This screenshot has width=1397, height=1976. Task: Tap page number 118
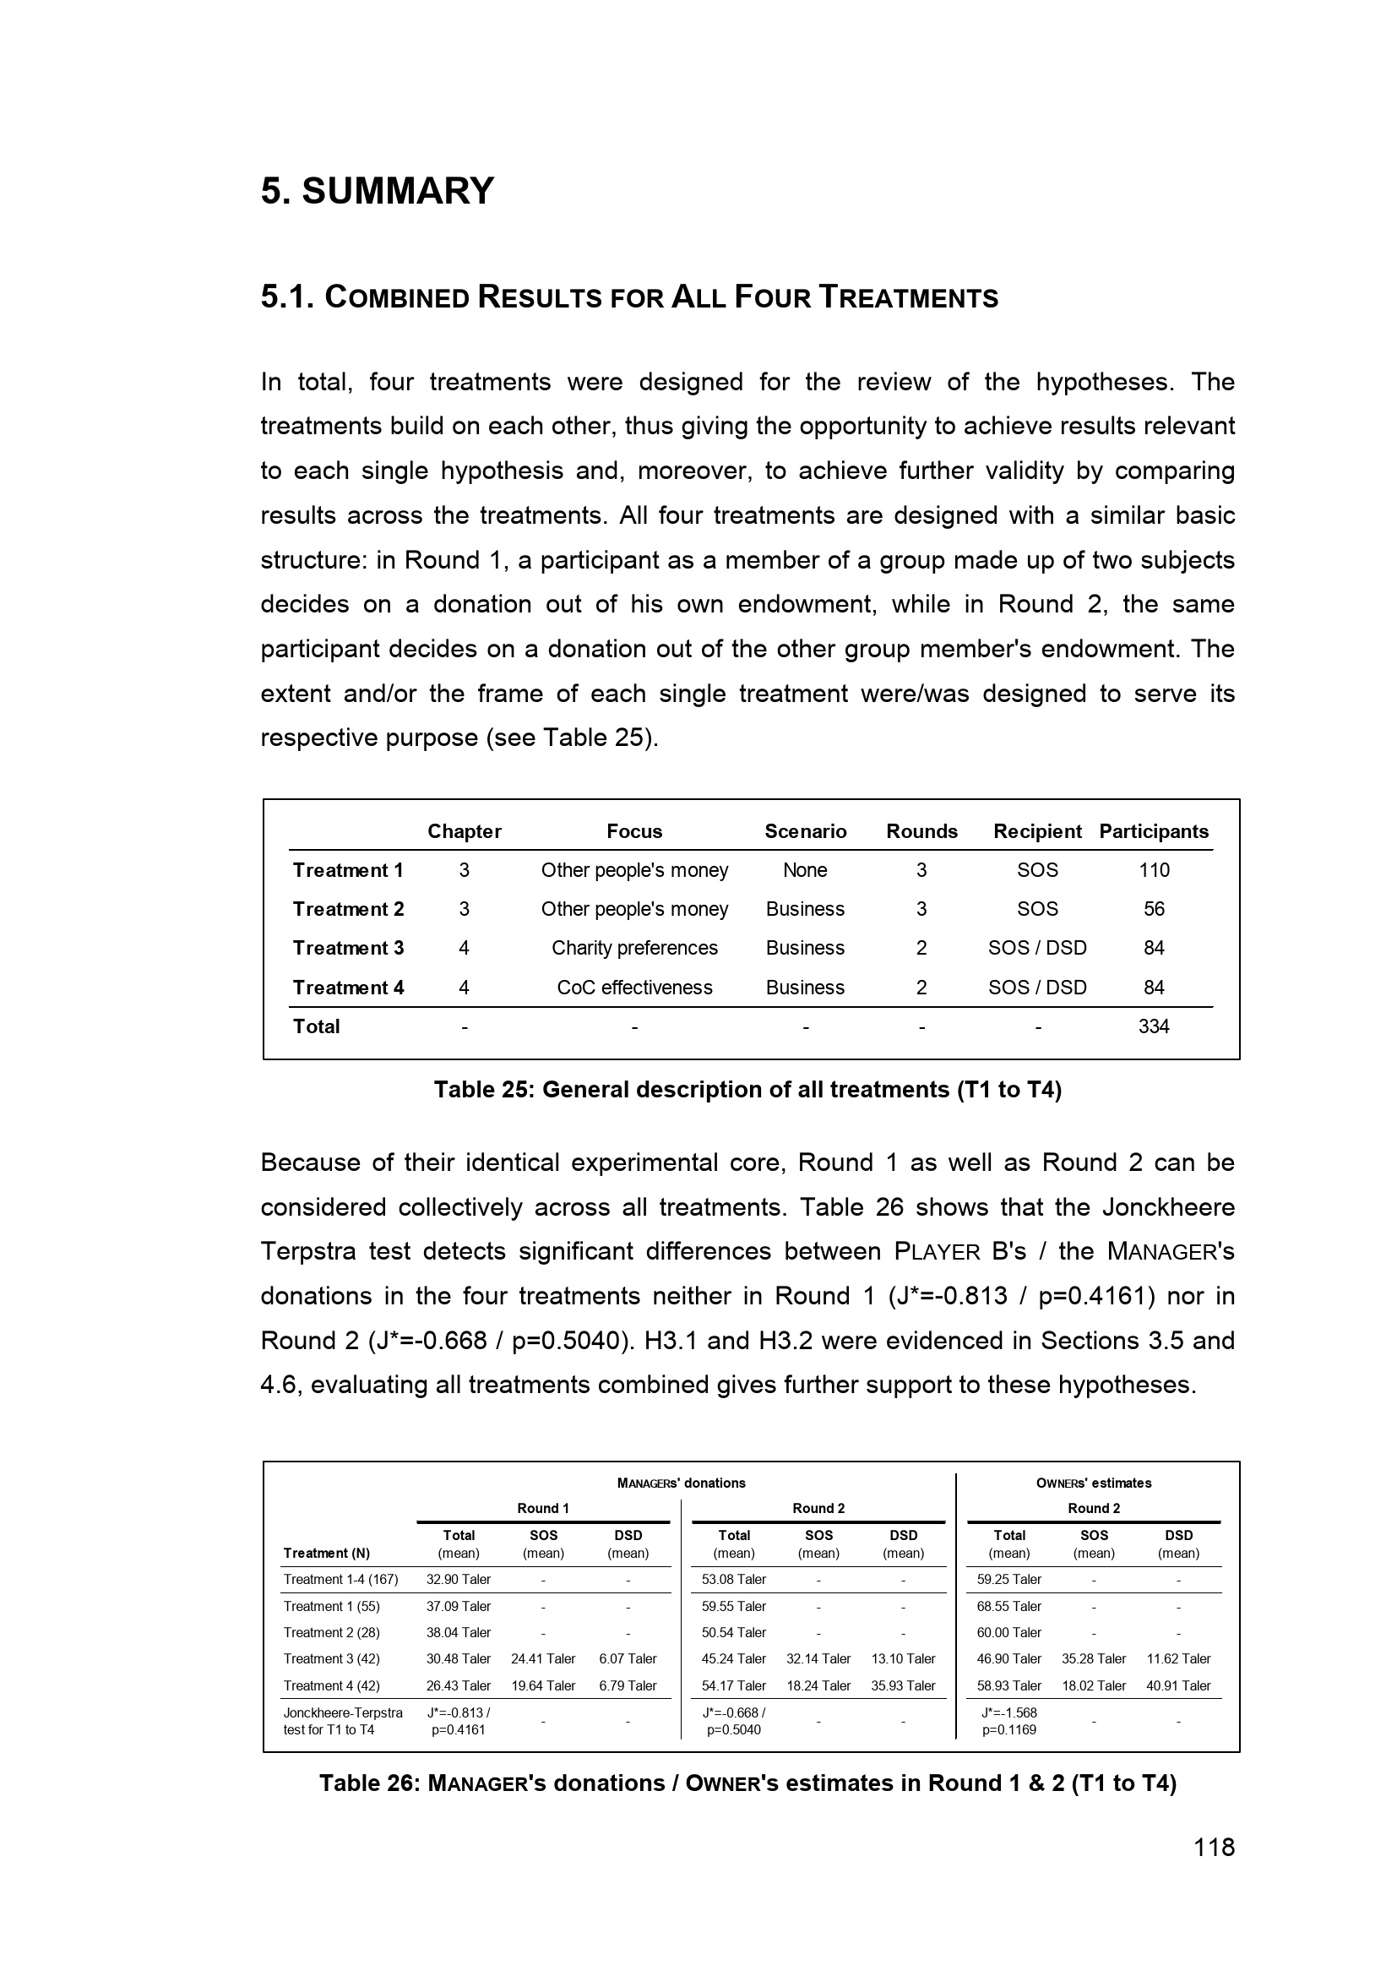tap(1214, 1847)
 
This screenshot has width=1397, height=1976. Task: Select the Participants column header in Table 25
tap(1154, 831)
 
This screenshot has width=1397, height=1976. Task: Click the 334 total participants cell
tap(1154, 1026)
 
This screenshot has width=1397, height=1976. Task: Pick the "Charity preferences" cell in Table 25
tap(634, 948)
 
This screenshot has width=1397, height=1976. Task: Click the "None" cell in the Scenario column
tap(804, 870)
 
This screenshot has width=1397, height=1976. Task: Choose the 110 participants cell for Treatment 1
tap(1154, 870)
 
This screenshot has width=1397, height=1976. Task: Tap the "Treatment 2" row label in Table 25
tap(348, 909)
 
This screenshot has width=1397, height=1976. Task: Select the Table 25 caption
tap(747, 1090)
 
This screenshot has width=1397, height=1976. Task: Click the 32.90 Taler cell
tap(459, 1579)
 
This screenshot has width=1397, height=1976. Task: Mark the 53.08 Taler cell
tap(734, 1579)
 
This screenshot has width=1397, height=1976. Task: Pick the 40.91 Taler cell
tap(1178, 1685)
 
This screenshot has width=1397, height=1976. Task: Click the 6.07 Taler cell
tap(628, 1658)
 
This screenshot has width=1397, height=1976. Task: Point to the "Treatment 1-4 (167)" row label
tap(340, 1579)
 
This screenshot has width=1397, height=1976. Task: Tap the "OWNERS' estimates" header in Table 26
tap(1093, 1483)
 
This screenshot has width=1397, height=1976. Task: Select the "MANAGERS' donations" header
tap(682, 1483)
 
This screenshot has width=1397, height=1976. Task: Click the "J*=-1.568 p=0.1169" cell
tap(1009, 1721)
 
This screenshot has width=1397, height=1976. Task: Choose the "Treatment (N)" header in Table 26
tap(327, 1553)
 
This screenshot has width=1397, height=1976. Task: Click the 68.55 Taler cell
tap(1009, 1606)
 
